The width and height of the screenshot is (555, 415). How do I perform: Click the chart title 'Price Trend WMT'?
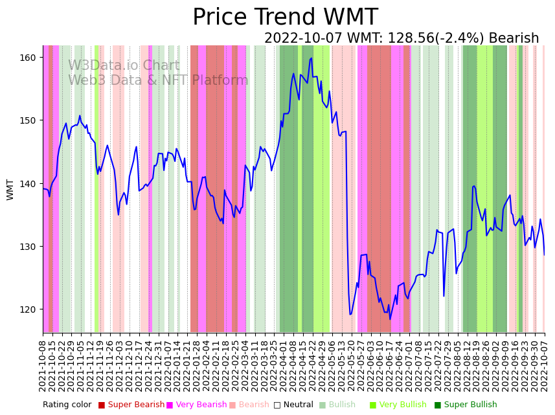pos(285,17)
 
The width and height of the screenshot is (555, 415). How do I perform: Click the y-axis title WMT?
pos(10,189)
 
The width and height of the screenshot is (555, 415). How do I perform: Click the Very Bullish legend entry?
pos(402,405)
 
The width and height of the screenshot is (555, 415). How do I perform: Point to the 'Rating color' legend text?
pos(67,405)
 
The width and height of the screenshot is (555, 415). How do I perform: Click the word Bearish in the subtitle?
pos(514,39)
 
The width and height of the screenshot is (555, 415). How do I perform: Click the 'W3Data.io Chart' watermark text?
pos(124,66)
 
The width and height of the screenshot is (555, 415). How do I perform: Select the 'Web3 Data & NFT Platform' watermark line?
pos(158,80)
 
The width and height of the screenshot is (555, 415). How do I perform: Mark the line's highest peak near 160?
pos(311,58)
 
